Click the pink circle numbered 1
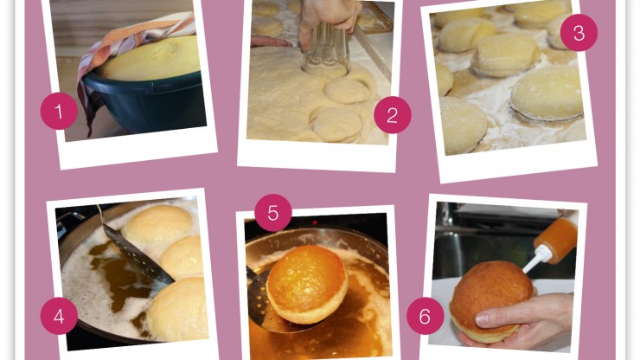pos(59,111)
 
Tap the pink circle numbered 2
pos(393,115)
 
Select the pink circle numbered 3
pos(579,33)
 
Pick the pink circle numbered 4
pos(59,316)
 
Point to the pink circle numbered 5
pos(273,213)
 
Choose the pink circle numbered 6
pos(425,316)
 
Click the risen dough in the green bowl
pos(152,58)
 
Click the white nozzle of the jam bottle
pos(536,260)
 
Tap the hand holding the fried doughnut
pos(527,323)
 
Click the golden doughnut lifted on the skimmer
pos(307,284)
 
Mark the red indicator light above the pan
pos(315,222)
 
